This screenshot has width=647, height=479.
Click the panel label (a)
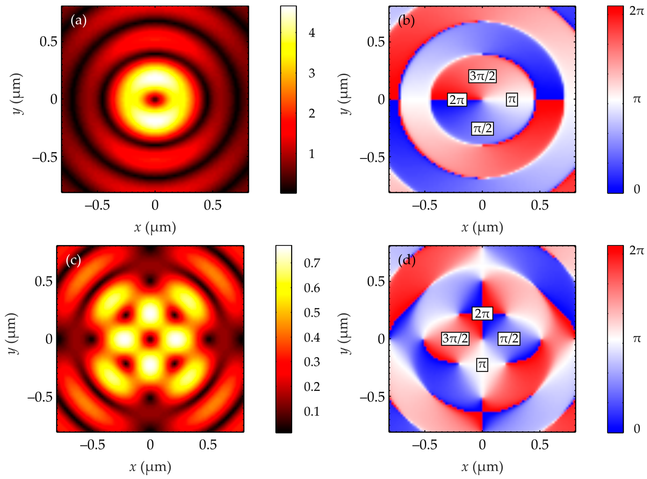pyautogui.click(x=78, y=21)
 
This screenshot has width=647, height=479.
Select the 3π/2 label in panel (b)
pyautogui.click(x=482, y=76)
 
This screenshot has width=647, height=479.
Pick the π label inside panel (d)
pyautogui.click(x=482, y=364)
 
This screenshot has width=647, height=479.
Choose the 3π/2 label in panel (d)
pyautogui.click(x=455, y=338)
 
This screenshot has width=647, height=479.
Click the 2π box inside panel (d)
pyautogui.click(x=482, y=313)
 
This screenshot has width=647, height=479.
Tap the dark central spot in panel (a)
pyautogui.click(x=155, y=99)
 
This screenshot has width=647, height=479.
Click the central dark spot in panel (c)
pyautogui.click(x=150, y=339)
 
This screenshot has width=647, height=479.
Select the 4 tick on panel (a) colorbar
pyautogui.click(x=312, y=33)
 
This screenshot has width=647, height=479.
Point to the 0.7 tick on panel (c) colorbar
pyautogui.click(x=312, y=263)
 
